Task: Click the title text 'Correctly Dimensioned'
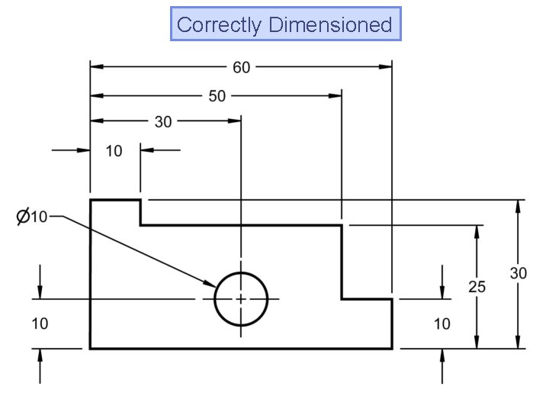(284, 24)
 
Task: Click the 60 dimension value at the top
(241, 68)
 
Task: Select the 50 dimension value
(217, 96)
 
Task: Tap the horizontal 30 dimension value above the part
(163, 121)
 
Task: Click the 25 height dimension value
(477, 287)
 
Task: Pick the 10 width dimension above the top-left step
(114, 151)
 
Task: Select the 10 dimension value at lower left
(40, 323)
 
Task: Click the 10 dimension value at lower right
(442, 324)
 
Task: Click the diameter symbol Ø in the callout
(23, 217)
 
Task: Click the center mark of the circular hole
(241, 299)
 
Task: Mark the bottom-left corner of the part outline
(91, 349)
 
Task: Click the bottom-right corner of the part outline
(392, 349)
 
